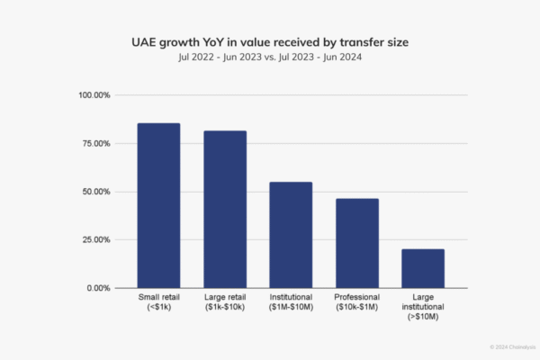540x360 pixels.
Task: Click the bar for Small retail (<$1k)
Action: click(158, 205)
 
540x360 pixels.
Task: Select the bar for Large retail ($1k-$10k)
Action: click(225, 209)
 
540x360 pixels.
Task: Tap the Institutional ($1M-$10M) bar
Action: click(291, 235)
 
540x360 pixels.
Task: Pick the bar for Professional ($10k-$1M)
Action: click(357, 243)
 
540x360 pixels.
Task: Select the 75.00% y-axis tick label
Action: click(94, 143)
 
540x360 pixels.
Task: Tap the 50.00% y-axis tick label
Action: click(94, 192)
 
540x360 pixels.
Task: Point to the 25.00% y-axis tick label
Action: click(94, 239)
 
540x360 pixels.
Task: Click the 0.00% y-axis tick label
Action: click(97, 288)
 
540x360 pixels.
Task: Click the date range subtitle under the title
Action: click(270, 57)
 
